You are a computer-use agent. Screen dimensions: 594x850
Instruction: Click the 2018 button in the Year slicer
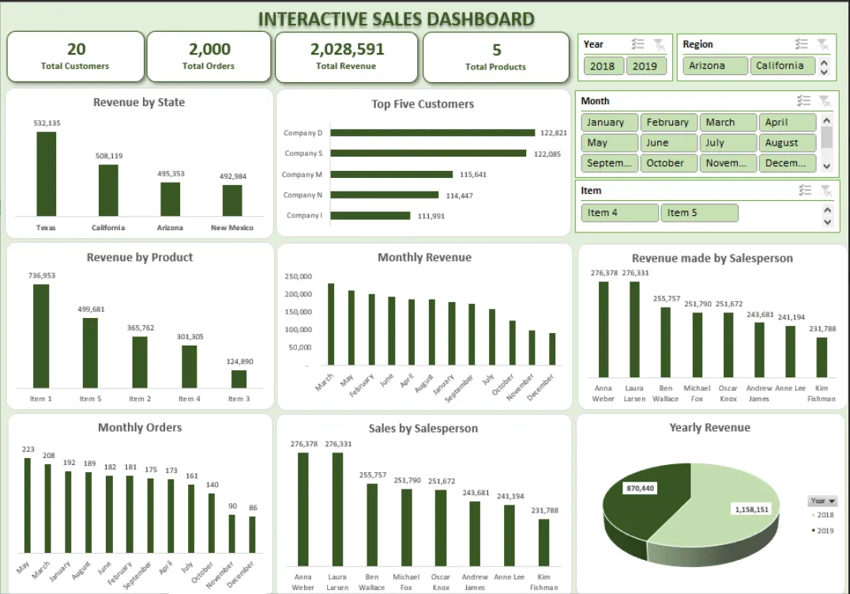(602, 66)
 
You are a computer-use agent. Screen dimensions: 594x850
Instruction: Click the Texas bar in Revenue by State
(47, 174)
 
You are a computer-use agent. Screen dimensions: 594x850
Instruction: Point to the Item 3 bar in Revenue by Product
(239, 379)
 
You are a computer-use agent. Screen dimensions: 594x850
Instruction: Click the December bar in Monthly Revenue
(552, 349)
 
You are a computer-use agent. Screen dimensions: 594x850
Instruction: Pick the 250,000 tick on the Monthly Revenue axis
(298, 276)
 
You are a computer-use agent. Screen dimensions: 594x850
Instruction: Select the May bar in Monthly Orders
(28, 505)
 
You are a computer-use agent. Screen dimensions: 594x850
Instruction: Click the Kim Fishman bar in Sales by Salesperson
(544, 542)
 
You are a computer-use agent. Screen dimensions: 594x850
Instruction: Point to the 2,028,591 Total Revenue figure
(347, 49)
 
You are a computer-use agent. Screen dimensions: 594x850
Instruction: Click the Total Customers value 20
(76, 49)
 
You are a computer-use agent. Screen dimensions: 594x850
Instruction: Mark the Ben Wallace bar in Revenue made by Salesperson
(665, 342)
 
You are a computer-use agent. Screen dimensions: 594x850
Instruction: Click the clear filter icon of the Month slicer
(825, 101)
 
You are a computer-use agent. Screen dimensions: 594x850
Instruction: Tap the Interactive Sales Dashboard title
(396, 19)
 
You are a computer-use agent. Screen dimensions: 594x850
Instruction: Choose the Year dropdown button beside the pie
(822, 501)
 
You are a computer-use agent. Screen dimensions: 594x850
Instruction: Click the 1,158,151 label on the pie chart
(751, 509)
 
